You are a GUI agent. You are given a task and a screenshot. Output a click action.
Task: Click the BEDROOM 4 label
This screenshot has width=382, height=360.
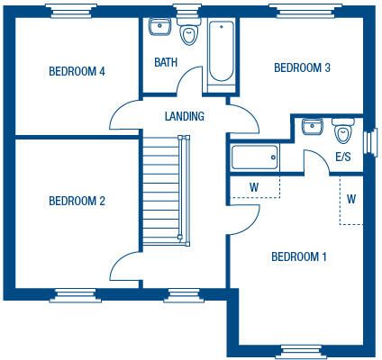77,71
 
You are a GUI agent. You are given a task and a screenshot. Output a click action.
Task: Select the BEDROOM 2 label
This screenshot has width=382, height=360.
77,201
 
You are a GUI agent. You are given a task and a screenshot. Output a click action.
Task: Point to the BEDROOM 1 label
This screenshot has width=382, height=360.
298,257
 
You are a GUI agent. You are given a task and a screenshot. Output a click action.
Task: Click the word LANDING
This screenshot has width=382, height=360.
185,116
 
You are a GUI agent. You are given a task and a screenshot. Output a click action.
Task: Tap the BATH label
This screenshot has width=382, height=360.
166,63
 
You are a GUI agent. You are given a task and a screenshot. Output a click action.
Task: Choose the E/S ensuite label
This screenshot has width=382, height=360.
343,157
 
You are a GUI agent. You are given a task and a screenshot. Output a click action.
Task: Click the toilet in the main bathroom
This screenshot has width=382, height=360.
189,34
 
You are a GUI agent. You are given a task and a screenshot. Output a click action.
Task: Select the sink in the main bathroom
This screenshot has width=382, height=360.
160,26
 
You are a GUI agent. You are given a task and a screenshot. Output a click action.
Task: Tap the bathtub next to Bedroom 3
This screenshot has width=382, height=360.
219,54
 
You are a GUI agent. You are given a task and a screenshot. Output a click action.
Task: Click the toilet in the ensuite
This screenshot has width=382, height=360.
342,133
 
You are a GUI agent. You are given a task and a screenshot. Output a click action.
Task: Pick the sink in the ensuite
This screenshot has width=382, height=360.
313,126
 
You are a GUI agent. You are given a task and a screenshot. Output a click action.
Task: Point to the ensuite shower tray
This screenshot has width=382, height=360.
255,158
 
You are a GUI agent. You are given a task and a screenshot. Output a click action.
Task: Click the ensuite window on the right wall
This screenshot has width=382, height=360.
368,142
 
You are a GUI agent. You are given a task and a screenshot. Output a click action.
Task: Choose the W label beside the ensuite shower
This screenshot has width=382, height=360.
254,187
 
